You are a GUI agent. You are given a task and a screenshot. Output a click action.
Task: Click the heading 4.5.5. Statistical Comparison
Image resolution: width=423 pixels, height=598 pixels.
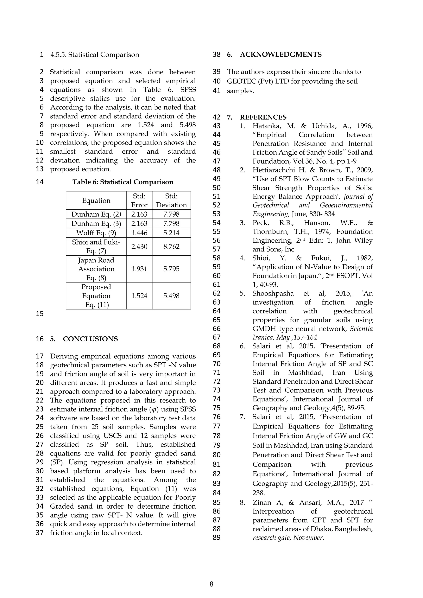95,55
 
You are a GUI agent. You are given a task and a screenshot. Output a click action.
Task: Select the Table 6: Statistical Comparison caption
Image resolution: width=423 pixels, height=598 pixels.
123,182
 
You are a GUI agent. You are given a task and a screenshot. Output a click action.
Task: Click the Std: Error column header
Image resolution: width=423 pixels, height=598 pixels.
139,201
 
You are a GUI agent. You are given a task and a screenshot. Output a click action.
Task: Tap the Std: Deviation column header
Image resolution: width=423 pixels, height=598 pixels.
171,201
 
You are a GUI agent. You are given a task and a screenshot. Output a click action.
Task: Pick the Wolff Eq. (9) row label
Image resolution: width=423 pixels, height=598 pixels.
96,233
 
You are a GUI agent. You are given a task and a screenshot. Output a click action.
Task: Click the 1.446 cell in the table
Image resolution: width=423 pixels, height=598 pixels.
139,233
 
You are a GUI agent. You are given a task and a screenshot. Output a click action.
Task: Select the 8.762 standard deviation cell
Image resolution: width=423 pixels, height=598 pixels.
171,246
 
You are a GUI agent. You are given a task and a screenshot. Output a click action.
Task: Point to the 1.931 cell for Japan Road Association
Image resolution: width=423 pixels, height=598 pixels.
139,269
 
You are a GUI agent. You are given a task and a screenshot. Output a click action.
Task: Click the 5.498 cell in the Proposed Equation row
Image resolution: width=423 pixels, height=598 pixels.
171,296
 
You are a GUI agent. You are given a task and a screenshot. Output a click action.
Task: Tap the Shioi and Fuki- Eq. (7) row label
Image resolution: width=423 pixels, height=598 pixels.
96,246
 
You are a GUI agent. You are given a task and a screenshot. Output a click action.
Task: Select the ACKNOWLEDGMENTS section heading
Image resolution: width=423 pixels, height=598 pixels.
280,55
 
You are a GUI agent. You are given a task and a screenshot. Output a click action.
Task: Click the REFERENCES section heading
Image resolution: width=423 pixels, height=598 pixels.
263,117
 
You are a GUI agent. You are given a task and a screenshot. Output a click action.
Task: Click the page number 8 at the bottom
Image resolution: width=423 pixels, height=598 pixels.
211,584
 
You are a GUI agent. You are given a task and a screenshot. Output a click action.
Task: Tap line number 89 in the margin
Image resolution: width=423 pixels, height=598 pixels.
216,537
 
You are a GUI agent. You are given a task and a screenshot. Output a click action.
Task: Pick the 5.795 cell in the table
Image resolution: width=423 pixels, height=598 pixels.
171,269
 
